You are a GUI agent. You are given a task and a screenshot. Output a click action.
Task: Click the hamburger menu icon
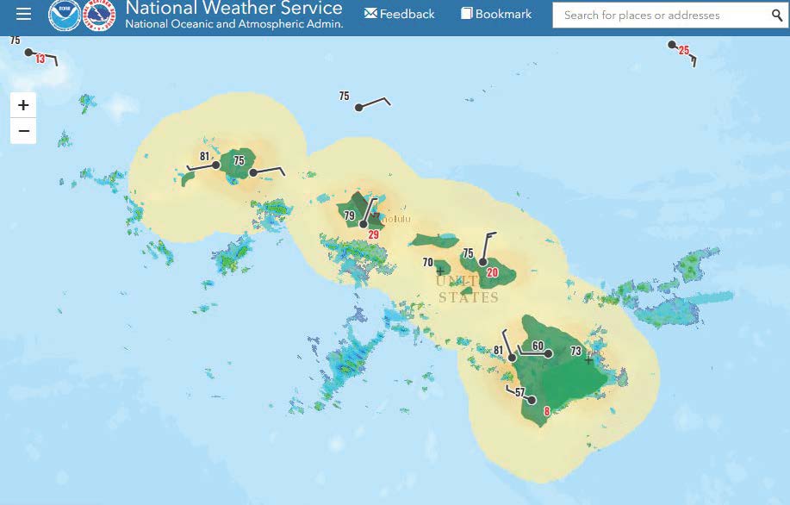point(23,14)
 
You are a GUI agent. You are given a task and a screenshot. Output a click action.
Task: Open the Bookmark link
point(496,14)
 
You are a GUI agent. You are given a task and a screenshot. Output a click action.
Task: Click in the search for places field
point(660,16)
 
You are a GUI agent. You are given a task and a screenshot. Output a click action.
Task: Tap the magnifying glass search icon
point(777,16)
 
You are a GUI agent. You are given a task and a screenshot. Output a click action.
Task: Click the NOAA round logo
point(65,15)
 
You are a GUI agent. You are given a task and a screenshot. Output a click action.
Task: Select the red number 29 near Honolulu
point(373,234)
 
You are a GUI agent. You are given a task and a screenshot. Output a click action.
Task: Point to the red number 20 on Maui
point(493,272)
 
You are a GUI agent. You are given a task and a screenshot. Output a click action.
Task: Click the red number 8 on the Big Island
point(546,412)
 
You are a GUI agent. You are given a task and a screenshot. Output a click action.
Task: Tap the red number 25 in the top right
point(684,50)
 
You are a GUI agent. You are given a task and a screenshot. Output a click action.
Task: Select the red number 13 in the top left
point(40,59)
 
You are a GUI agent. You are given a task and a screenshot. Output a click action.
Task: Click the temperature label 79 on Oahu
point(349,215)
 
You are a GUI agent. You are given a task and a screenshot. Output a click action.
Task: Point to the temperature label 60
point(538,346)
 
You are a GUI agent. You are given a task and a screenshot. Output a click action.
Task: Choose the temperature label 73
point(576,351)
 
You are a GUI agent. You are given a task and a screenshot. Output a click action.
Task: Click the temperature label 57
point(519,393)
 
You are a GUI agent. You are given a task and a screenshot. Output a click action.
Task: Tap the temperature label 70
point(427,262)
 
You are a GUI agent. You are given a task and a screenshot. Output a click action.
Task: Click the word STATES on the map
point(469,298)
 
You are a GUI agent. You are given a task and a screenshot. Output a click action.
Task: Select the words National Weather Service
point(233,9)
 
